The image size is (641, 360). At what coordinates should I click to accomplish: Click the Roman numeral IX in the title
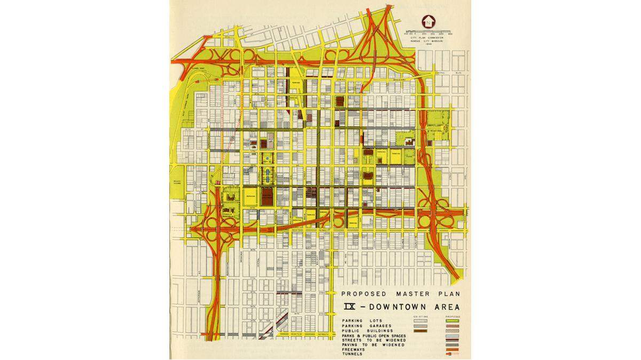350,308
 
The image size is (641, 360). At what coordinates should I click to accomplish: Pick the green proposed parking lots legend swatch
452,321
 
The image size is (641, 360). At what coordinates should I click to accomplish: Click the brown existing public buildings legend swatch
420,331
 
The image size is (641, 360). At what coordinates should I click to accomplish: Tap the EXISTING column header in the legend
421,317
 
